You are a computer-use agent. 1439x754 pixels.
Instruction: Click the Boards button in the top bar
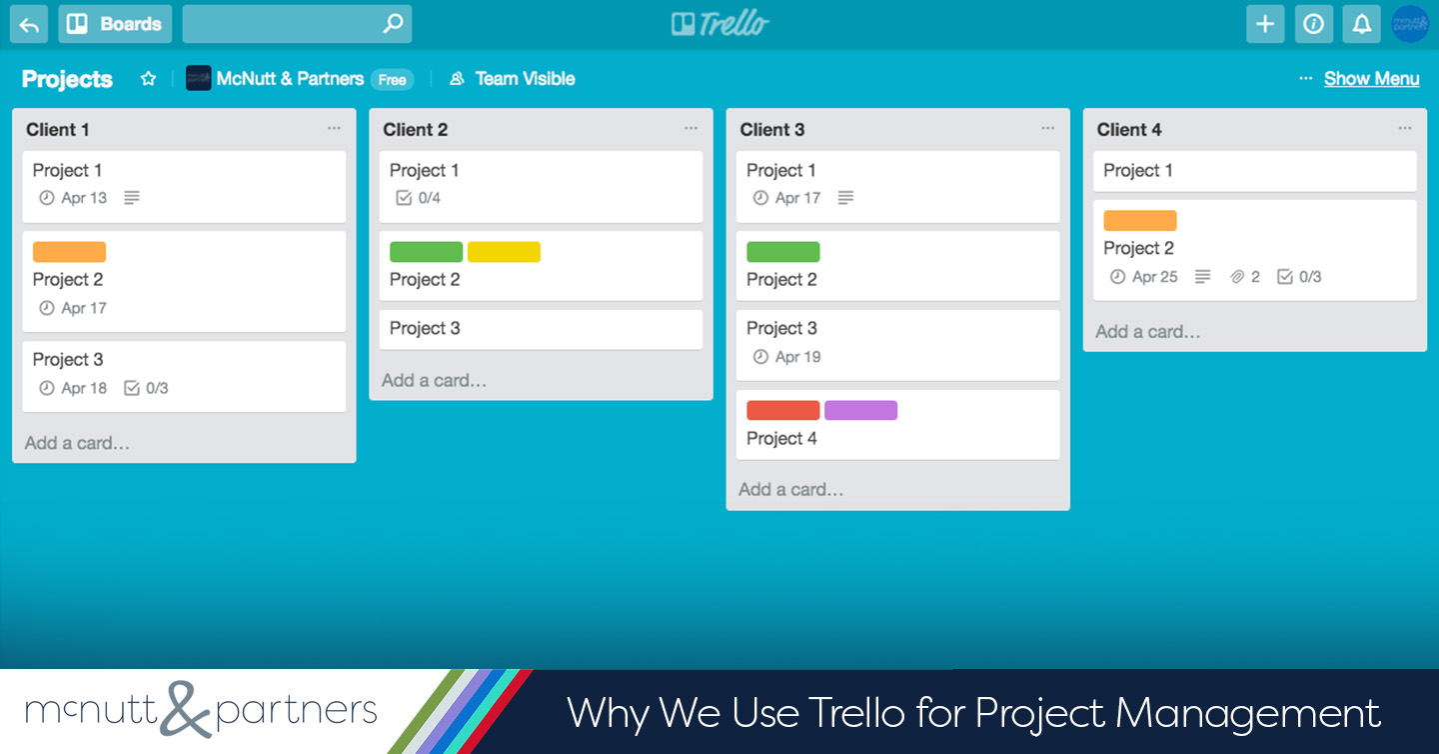pyautogui.click(x=115, y=24)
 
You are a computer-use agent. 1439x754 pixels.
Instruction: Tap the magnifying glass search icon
pyautogui.click(x=393, y=23)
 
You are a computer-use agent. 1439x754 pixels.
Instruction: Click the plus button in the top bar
pyautogui.click(x=1265, y=24)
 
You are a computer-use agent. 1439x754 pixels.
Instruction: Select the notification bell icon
pyautogui.click(x=1361, y=24)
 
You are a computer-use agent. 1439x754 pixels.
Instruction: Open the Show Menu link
pyautogui.click(x=1371, y=78)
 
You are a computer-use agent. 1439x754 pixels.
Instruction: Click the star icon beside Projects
pyautogui.click(x=148, y=78)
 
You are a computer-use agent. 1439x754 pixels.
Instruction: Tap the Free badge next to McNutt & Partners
pyautogui.click(x=392, y=79)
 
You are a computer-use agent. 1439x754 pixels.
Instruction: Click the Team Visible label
pyautogui.click(x=525, y=78)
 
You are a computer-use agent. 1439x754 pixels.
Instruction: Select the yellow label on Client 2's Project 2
pyautogui.click(x=504, y=251)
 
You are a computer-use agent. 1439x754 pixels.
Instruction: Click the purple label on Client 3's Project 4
pyautogui.click(x=860, y=410)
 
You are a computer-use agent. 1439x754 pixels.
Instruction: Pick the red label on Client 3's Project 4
pyautogui.click(x=783, y=410)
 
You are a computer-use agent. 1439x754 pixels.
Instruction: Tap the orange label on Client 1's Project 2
pyautogui.click(x=69, y=251)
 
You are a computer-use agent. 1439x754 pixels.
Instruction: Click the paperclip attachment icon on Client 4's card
pyautogui.click(x=1237, y=277)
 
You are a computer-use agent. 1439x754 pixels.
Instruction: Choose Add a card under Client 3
pyautogui.click(x=790, y=490)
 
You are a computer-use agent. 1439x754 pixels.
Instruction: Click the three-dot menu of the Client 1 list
pyautogui.click(x=334, y=128)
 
